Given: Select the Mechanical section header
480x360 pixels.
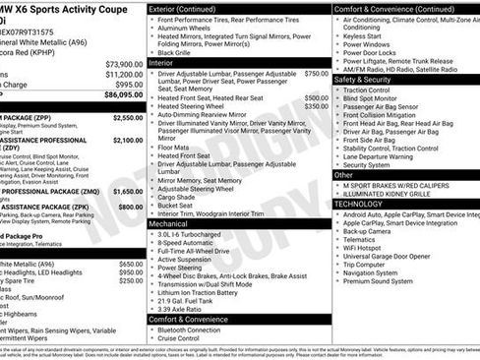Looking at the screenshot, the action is coord(173,223).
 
